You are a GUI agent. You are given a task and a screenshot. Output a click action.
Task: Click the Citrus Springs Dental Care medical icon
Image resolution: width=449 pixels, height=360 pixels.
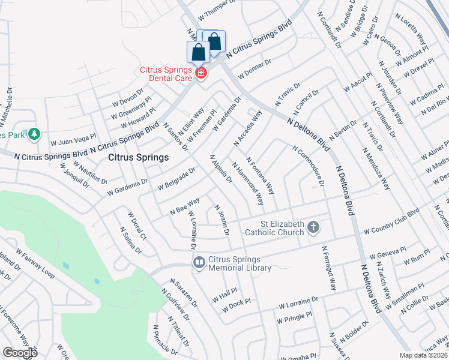coord(200,74)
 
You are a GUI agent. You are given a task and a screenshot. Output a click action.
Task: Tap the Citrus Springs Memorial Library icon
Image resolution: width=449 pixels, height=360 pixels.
coord(199,263)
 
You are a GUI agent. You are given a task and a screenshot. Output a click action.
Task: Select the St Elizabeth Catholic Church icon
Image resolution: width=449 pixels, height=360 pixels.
coord(313,227)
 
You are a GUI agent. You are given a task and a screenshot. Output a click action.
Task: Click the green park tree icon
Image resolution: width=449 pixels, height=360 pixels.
coord(34,133)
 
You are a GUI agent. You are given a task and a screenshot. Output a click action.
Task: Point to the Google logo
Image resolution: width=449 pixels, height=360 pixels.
coord(20,353)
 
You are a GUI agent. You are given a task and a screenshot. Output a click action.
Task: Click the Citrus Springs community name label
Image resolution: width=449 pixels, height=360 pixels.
coord(139,157)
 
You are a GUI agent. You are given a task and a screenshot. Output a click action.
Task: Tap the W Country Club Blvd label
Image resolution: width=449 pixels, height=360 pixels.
coord(391,222)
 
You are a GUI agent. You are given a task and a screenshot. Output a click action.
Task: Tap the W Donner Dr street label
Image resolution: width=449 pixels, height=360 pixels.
coord(255,68)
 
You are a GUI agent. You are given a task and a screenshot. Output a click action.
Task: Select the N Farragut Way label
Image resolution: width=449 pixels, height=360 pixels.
coord(329,265)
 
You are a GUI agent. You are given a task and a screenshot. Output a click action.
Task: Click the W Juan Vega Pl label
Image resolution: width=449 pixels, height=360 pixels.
coord(73,139)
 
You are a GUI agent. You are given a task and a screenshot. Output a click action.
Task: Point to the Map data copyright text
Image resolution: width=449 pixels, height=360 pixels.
coord(423,355)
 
